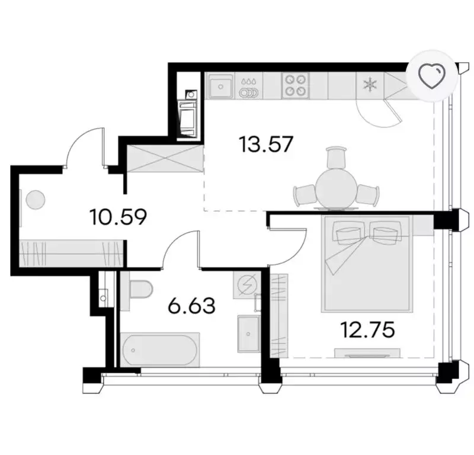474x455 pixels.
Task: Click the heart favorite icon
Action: [x=433, y=76]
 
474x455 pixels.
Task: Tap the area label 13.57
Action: [x=265, y=145]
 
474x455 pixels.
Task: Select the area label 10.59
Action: [x=118, y=217]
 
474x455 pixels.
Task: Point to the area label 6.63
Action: [x=191, y=305]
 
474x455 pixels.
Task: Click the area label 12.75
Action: [x=367, y=329]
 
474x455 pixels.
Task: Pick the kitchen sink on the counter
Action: [x=220, y=85]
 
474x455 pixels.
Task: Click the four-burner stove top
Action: [x=295, y=85]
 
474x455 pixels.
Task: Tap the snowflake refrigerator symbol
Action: [x=370, y=85]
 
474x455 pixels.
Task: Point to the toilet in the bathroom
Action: [x=140, y=289]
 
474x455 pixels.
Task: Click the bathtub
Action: [x=159, y=350]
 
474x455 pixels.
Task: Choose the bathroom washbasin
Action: [x=248, y=334]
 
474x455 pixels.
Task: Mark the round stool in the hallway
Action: [x=36, y=200]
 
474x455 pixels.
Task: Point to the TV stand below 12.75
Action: [x=367, y=353]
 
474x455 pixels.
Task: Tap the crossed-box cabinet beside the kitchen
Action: [x=164, y=159]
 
